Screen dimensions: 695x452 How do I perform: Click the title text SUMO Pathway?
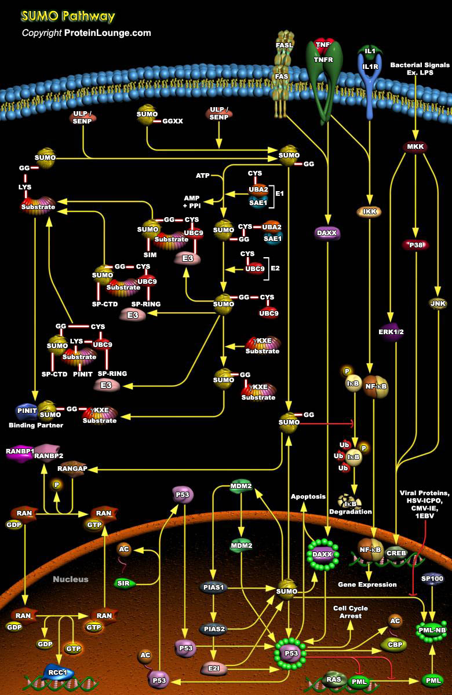68,16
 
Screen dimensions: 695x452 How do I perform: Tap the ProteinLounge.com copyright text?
86,33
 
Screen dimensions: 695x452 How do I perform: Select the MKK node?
415,147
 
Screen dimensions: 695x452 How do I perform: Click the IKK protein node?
369,212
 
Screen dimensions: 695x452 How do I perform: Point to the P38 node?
415,245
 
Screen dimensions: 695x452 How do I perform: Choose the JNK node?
437,302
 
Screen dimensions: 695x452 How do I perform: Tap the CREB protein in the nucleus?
396,553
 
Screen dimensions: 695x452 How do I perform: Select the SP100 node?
431,579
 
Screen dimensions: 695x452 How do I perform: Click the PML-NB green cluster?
431,630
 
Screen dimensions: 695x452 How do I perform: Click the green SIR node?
123,583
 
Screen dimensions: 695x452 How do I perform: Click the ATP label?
202,175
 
